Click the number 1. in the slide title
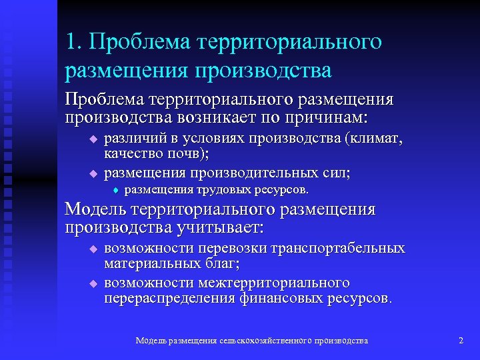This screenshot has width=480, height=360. click(x=74, y=42)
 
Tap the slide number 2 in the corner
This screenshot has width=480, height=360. click(x=461, y=341)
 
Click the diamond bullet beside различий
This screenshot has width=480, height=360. click(x=93, y=139)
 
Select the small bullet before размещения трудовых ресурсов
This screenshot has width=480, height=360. click(x=115, y=190)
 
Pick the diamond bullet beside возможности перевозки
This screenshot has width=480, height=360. click(x=93, y=249)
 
